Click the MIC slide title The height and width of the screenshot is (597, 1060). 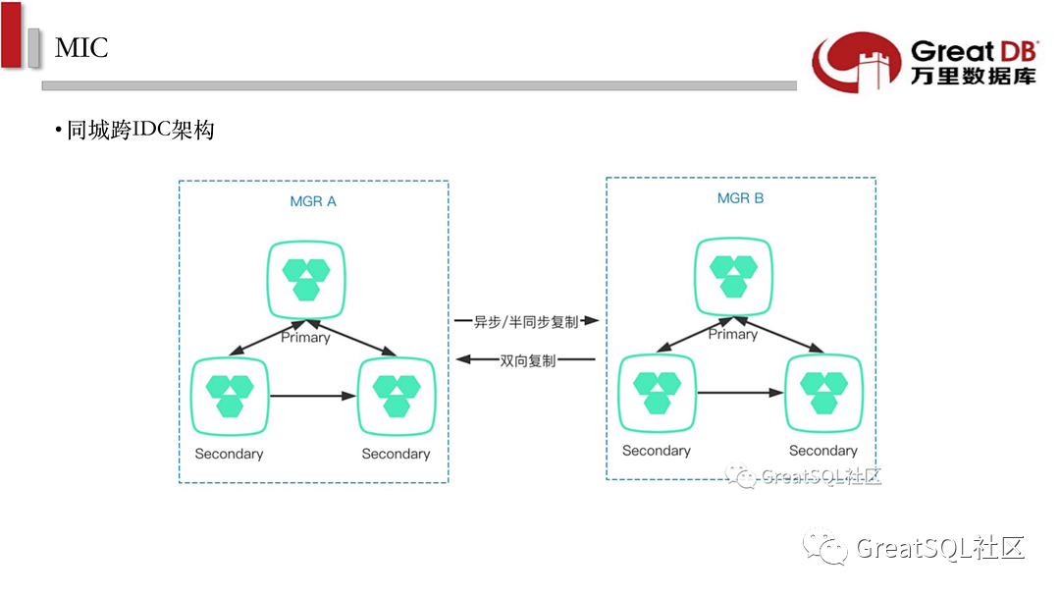pyautogui.click(x=81, y=47)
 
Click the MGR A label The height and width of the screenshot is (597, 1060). pyautogui.click(x=313, y=202)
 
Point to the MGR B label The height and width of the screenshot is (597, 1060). pyautogui.click(x=740, y=198)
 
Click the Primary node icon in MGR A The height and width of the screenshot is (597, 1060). pyautogui.click(x=306, y=277)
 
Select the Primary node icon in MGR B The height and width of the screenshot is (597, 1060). pyautogui.click(x=733, y=274)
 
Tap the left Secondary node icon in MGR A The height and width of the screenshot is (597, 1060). pyautogui.click(x=230, y=397)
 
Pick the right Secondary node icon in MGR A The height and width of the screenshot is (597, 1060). pyautogui.click(x=397, y=397)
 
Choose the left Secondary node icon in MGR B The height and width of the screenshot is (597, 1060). pyautogui.click(x=657, y=393)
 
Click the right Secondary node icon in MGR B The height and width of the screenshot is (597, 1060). pyautogui.click(x=823, y=393)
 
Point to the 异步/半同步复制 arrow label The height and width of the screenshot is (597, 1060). pyautogui.click(x=526, y=321)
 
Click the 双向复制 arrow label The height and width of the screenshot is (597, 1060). pyautogui.click(x=527, y=360)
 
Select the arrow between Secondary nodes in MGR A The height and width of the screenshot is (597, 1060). pyautogui.click(x=312, y=397)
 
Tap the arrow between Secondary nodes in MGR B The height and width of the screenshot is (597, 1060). pyautogui.click(x=740, y=393)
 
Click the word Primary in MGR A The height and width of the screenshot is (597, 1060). pyautogui.click(x=305, y=337)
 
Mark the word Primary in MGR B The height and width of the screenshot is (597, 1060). pyautogui.click(x=733, y=334)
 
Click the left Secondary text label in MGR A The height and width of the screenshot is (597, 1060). pyautogui.click(x=229, y=454)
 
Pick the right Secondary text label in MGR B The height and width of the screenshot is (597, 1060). pyautogui.click(x=822, y=451)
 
